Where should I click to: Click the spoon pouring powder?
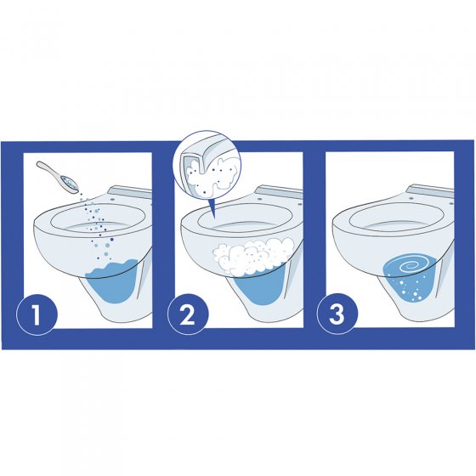60,180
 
